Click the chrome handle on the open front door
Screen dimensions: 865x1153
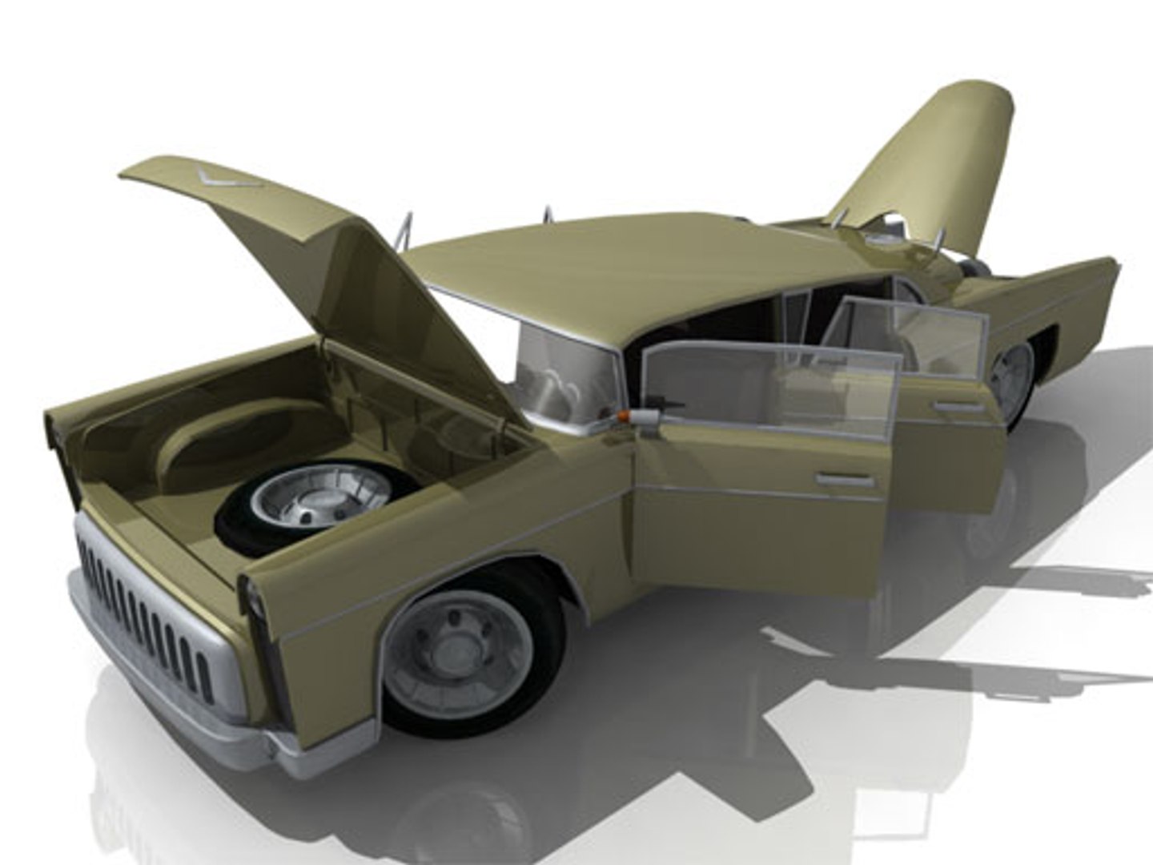click(x=844, y=480)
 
